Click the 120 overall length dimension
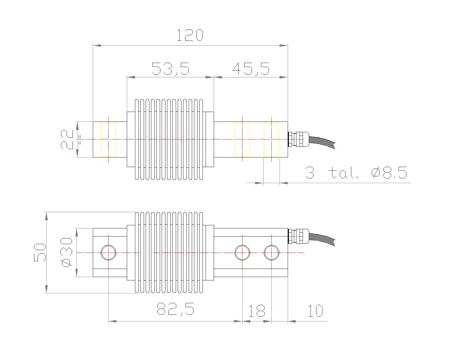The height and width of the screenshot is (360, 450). [190, 35]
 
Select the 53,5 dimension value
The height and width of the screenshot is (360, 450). [170, 69]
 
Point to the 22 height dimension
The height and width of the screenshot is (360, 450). [67, 139]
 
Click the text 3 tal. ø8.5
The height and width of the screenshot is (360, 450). [356, 172]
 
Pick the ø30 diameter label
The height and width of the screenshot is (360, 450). [66, 253]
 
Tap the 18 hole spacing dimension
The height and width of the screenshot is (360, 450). [256, 311]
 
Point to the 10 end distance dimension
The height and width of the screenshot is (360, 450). [315, 311]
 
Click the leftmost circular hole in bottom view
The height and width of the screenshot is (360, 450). [109, 253]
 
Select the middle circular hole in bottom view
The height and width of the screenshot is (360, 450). [242, 253]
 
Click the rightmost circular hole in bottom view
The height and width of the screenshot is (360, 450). [272, 253]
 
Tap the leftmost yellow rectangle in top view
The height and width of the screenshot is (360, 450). [108, 139]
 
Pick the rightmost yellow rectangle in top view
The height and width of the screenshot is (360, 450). [271, 139]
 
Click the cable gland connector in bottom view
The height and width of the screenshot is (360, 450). [298, 236]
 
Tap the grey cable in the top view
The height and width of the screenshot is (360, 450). [322, 141]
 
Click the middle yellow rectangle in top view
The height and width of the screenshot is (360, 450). [242, 139]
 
